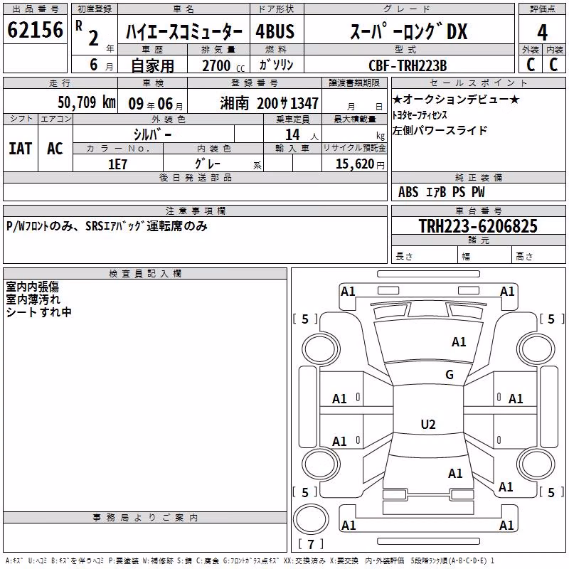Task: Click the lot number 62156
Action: pyautogui.click(x=35, y=30)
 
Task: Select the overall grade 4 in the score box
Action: pyautogui.click(x=542, y=33)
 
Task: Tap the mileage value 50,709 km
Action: pyautogui.click(x=87, y=102)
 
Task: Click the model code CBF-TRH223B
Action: pyautogui.click(x=408, y=65)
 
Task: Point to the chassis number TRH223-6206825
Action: pyautogui.click(x=478, y=226)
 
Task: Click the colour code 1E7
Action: pyautogui.click(x=117, y=164)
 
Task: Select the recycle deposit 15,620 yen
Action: pyautogui.click(x=360, y=164)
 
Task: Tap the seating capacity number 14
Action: pyautogui.click(x=292, y=135)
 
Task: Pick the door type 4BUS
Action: pyautogui.click(x=275, y=31)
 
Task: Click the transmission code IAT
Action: pyautogui.click(x=21, y=149)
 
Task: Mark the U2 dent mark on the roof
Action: pyautogui.click(x=428, y=424)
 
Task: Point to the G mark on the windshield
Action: pyautogui.click(x=450, y=374)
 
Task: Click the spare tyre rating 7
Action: pyautogui.click(x=311, y=544)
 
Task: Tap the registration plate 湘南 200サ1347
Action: pyautogui.click(x=270, y=103)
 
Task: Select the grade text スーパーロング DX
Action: pyautogui.click(x=408, y=31)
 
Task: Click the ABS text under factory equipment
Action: pyautogui.click(x=408, y=192)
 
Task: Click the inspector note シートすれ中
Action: pyautogui.click(x=38, y=312)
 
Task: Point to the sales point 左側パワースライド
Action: pyautogui.click(x=439, y=130)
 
